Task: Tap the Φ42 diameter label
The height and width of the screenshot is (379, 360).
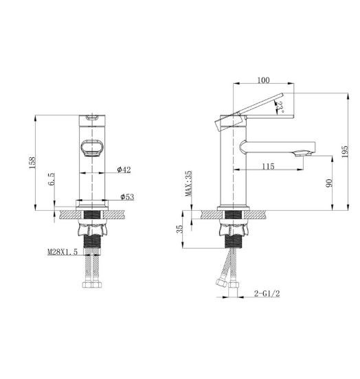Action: pos(124,170)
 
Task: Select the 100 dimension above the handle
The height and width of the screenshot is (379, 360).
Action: pos(263,80)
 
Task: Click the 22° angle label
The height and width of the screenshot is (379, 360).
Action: pos(280,106)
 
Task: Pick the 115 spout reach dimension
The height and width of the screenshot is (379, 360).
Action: pos(268,166)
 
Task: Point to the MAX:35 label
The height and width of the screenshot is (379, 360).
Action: pos(188,183)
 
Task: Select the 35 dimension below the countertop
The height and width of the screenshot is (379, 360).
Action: pos(181,229)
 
